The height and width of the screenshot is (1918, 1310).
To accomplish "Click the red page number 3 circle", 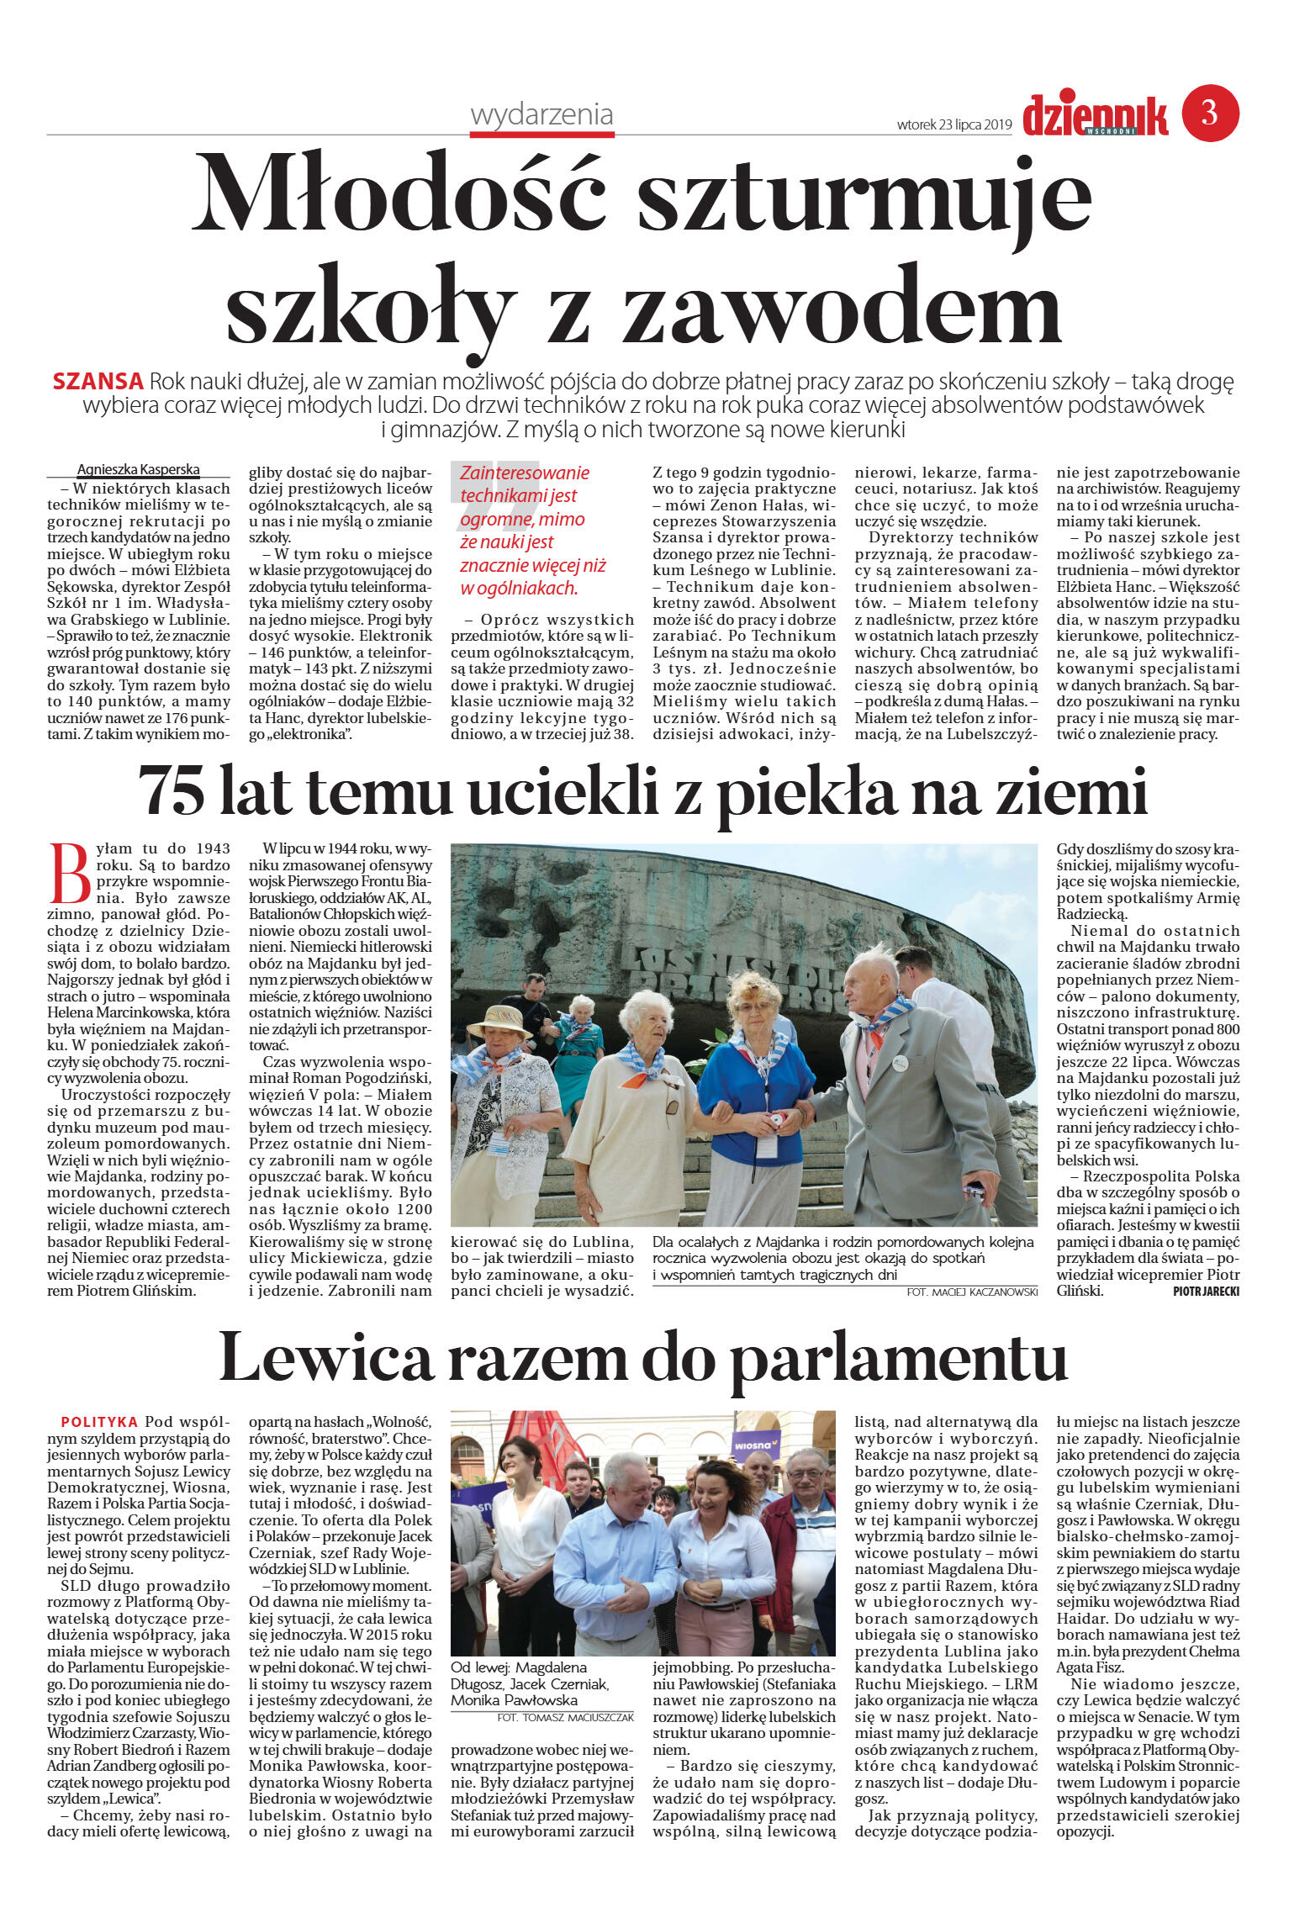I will click(1210, 113).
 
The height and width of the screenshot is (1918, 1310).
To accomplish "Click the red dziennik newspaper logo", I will click(1095, 115).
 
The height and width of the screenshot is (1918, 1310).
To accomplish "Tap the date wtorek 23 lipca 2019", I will click(953, 124).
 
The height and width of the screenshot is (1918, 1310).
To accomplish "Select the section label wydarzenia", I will click(541, 114).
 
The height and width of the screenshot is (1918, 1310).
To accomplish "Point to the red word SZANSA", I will click(98, 382).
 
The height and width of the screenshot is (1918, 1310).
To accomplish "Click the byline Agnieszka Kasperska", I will click(138, 469).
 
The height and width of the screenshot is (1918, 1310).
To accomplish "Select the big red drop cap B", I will click(70, 874).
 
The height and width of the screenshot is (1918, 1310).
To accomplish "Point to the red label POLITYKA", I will click(99, 1422).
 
